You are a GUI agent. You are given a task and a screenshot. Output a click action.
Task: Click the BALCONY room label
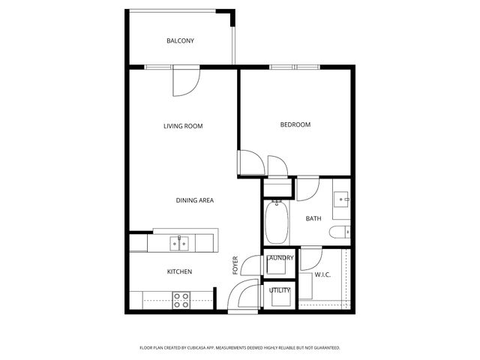180,40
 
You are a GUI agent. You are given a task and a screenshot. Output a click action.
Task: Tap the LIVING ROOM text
183,126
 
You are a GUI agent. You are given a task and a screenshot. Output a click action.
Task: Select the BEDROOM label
295,124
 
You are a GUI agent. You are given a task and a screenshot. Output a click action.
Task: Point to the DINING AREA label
195,200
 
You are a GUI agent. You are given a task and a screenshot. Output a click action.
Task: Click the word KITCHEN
179,271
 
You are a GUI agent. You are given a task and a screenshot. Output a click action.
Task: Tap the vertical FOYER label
235,265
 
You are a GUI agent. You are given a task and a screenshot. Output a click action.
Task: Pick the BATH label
313,219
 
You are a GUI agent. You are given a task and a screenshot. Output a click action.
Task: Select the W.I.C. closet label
323,274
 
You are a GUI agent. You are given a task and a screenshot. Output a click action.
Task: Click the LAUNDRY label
280,258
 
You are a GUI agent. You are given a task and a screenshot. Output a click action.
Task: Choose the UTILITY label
280,289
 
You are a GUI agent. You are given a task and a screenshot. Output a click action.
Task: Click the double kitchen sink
178,242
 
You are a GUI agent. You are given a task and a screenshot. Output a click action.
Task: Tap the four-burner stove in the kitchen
181,300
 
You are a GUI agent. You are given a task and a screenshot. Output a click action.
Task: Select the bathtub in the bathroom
275,223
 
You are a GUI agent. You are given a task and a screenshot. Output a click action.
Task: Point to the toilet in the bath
343,232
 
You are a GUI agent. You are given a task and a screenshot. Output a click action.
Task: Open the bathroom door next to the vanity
307,189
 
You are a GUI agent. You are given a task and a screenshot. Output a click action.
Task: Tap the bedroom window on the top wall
295,67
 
